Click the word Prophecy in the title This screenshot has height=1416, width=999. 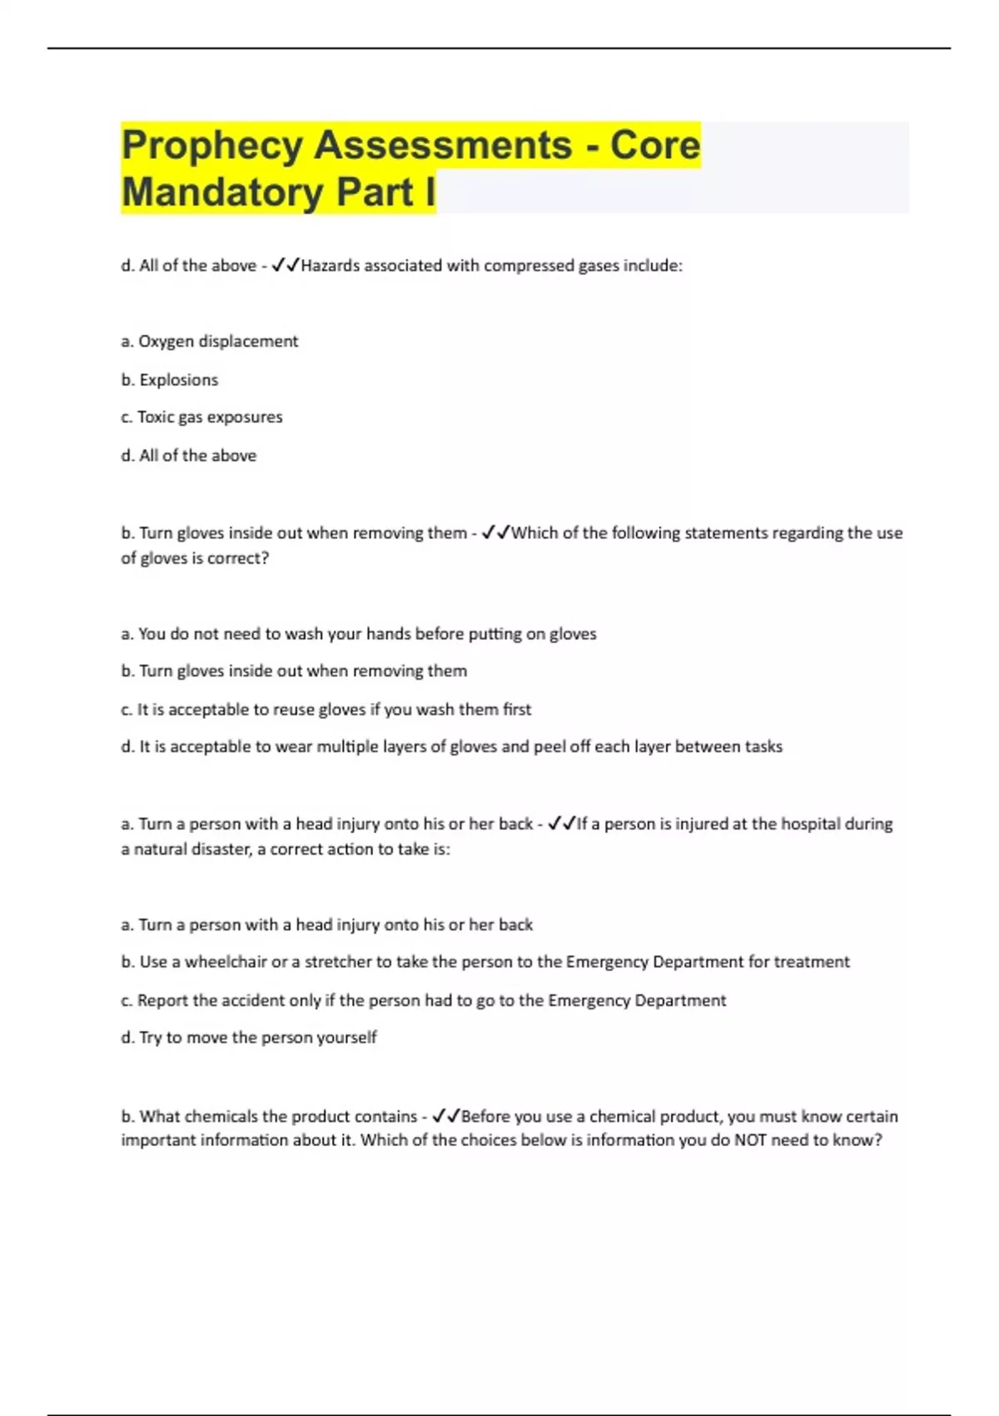(x=211, y=146)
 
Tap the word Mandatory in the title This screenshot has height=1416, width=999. (x=222, y=192)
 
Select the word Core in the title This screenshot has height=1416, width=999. (x=655, y=146)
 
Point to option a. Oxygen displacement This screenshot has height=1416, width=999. (x=209, y=342)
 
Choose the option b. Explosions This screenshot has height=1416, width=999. (x=170, y=380)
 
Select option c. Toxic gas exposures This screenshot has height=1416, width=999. (x=201, y=417)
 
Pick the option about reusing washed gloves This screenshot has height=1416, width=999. (x=326, y=710)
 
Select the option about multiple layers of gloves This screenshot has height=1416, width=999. (x=451, y=747)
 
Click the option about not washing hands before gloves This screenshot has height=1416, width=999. (x=359, y=634)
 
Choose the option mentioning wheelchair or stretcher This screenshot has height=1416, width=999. (x=485, y=962)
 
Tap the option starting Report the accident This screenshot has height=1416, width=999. (x=423, y=1000)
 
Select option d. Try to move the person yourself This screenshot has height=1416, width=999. (x=249, y=1038)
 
